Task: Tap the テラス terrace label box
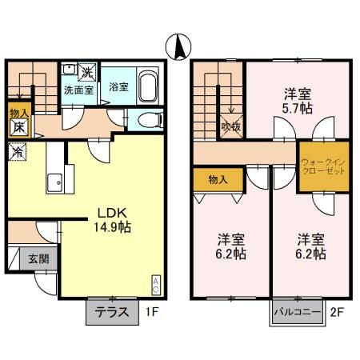pyautogui.click(x=111, y=312)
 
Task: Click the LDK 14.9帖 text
pyautogui.click(x=114, y=219)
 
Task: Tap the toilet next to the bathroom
pyautogui.click(x=146, y=120)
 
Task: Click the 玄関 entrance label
pyautogui.click(x=38, y=258)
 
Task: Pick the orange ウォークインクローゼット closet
pyautogui.click(x=323, y=167)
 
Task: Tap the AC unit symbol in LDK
pyautogui.click(x=155, y=284)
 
